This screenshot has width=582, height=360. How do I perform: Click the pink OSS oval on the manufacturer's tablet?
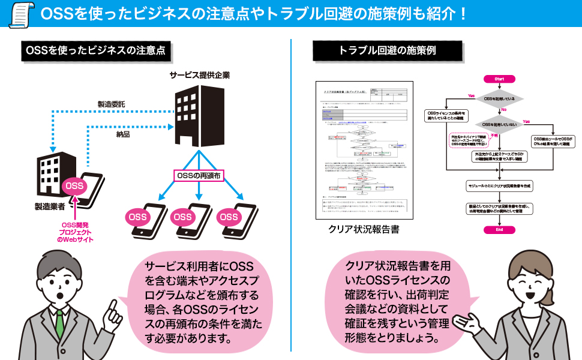coord(74,186)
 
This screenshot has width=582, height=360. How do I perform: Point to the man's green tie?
coord(59,324)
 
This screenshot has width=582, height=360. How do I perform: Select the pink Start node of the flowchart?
coord(500,79)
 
